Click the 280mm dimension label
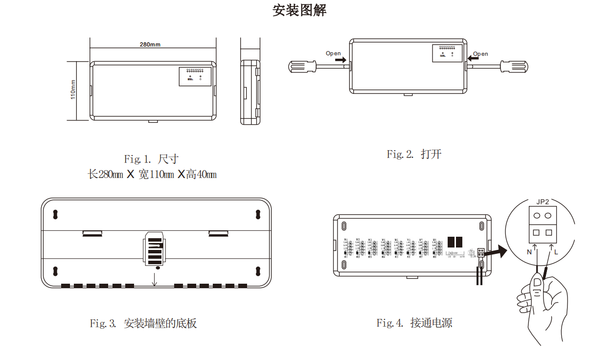pyautogui.click(x=150, y=45)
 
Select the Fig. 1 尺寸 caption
pyautogui.click(x=151, y=159)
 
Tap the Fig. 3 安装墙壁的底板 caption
pyautogui.click(x=143, y=323)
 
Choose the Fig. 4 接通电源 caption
pyautogui.click(x=414, y=323)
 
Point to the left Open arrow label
pyautogui.click(x=333, y=53)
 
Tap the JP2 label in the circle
pyautogui.click(x=543, y=202)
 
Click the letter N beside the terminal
pyautogui.click(x=529, y=252)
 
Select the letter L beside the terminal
pyautogui.click(x=556, y=252)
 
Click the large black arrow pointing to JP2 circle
pyautogui.click(x=498, y=251)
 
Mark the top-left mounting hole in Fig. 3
pyautogui.click(x=55, y=214)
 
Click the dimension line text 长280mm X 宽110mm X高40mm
pyautogui.click(x=152, y=175)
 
